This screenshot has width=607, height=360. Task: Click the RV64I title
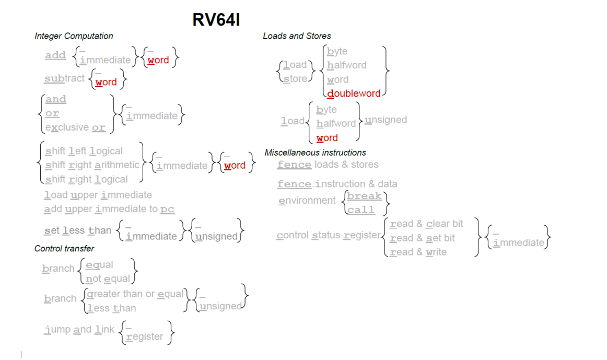coord(216,19)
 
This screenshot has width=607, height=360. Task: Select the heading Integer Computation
coord(74,36)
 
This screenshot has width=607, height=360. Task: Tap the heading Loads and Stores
coord(297,36)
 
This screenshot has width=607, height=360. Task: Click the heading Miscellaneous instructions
coord(315,153)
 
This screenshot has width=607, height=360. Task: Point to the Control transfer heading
coord(64,248)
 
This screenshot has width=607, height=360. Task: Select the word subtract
coord(64,78)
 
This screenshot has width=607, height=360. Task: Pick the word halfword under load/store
coord(346,65)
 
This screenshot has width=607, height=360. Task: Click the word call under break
coord(361,210)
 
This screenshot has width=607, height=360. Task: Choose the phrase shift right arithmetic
coord(92,165)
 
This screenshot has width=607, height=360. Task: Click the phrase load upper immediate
coord(98,195)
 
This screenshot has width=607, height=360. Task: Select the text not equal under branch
coord(108,279)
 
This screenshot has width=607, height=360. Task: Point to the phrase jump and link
coord(79,330)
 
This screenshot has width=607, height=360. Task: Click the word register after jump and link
coord(144,337)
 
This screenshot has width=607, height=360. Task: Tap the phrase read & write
coord(418,252)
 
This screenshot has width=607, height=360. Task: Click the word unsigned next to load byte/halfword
coord(386,120)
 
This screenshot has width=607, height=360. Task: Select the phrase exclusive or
coord(75,127)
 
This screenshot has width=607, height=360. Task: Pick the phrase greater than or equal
coord(134,294)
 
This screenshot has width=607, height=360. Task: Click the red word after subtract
coord(106,83)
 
